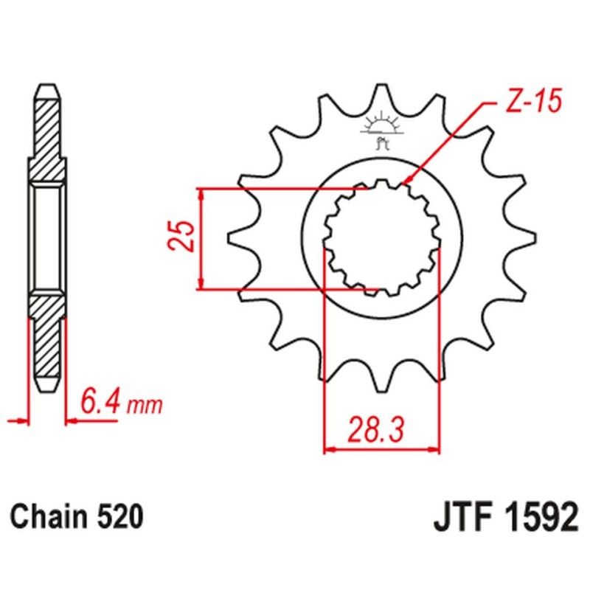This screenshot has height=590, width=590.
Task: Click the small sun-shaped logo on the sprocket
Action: pyautogui.click(x=381, y=125)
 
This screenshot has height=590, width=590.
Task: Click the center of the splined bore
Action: pyautogui.click(x=382, y=237)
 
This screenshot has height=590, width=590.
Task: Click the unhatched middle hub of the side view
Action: pyautogui.click(x=46, y=237)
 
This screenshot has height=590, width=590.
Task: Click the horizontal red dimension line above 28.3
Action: pyautogui.click(x=382, y=448)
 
